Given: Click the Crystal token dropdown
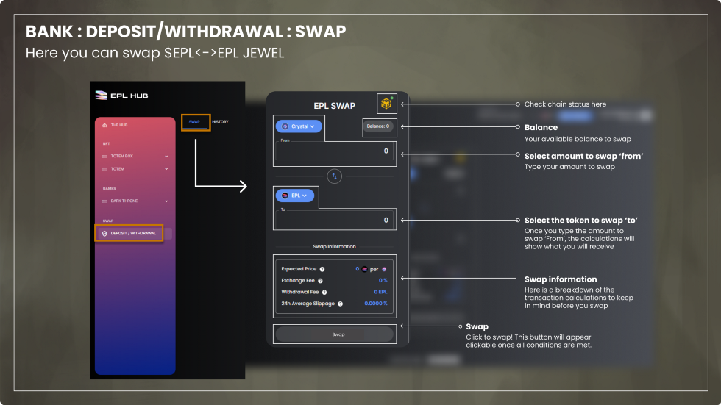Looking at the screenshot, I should coord(298,126).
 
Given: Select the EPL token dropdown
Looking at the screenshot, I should coord(294,196).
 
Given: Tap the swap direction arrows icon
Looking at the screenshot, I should coord(335,176).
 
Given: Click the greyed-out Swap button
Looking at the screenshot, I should coord(338,334).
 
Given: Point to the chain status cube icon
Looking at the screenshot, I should coord(386,104).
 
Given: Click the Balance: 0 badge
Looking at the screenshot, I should coord(379,126).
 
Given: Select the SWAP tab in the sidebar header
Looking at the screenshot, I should coord(194,121).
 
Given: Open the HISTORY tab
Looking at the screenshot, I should coord(220,121).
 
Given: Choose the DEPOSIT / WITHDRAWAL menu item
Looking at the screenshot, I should coord(132,233).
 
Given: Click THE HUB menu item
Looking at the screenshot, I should coord(118,125).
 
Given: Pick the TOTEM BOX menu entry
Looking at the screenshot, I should coord(122,156).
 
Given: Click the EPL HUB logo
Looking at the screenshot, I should coord(122,96).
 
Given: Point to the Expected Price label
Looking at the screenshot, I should coord(299,269).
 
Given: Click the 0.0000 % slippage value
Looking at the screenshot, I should coord(375,304).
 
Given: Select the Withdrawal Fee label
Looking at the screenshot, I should coord(299,292).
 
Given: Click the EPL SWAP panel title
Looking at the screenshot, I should coord(334,106).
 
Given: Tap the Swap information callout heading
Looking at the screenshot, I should coord(560,279).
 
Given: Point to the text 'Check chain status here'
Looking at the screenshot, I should coord(565,104).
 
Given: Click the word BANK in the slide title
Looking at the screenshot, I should coord(49,32).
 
